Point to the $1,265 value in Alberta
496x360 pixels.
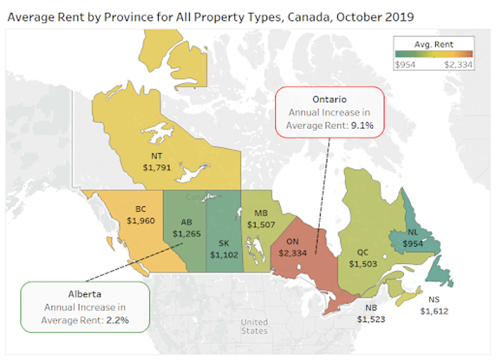(x=187, y=234)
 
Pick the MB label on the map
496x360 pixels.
(x=260, y=213)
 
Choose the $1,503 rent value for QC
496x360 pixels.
(x=363, y=263)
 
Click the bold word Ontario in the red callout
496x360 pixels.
(x=329, y=100)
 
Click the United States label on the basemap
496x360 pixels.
(x=254, y=327)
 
